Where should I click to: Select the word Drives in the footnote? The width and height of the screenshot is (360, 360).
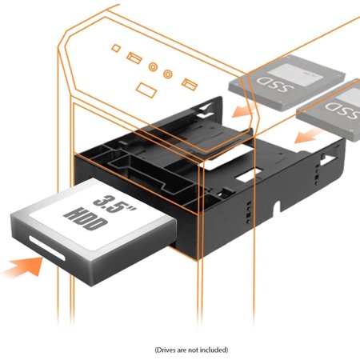[165, 350]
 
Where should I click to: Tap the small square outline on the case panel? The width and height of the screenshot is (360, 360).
[117, 49]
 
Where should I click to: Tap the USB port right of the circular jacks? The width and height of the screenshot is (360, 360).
[189, 82]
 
